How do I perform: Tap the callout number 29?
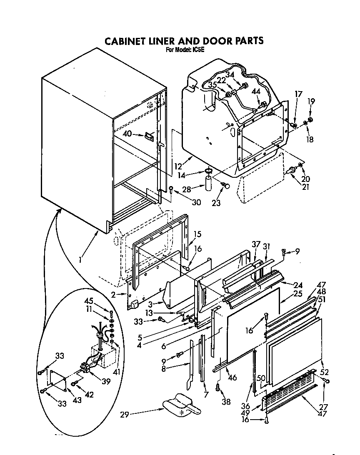pyautogui.click(x=124, y=414)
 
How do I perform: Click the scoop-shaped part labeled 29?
pyautogui.click(x=180, y=405)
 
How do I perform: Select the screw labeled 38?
pyautogui.click(x=217, y=388)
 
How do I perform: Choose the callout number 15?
pyautogui.click(x=197, y=234)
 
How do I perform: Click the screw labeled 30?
pyautogui.click(x=172, y=190)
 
